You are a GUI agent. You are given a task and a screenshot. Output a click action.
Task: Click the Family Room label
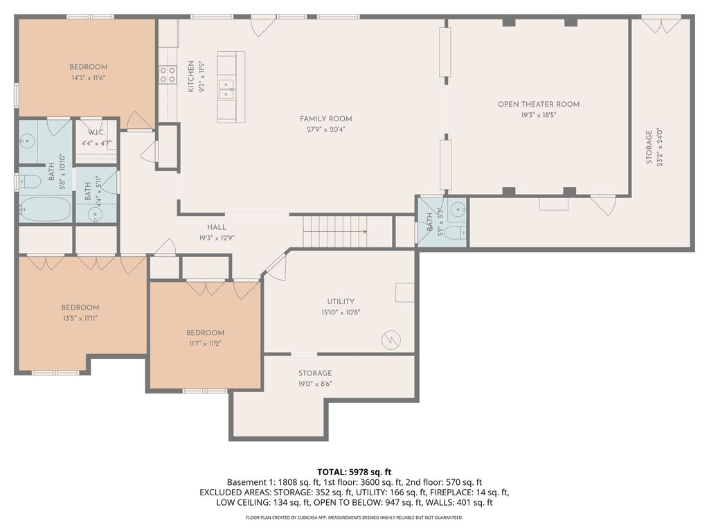coord(325,119)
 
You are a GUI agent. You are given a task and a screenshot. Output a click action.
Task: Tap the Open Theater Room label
coord(539,104)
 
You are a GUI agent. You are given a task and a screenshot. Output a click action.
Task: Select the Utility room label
coord(341,301)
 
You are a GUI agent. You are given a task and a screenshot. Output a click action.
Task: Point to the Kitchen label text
coord(191,77)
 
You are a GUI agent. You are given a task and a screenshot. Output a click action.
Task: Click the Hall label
coord(217,227)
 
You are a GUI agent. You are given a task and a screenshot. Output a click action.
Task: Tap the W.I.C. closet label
coord(96,132)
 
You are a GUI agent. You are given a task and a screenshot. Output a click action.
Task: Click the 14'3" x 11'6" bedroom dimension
coord(88,78)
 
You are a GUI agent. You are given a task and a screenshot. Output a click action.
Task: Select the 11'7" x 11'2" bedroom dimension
coord(205,344)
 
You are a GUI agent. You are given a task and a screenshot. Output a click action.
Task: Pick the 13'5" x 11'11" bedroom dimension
coord(80,318)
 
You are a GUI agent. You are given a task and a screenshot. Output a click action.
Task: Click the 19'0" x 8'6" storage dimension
coord(315,384)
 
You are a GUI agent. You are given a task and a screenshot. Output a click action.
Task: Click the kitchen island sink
coord(226,89)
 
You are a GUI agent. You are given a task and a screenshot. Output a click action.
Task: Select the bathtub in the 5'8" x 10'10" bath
coord(45,209)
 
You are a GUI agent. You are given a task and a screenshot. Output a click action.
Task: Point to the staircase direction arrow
coord(335,232)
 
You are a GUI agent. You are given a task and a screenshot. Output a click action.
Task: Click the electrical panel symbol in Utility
coord(391,340)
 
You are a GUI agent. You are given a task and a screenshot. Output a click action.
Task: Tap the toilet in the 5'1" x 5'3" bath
coord(454,233)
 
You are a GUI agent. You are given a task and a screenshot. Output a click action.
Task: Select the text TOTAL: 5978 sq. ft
coord(354,472)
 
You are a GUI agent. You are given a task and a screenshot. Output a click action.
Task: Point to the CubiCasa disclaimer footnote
coord(354,517)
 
